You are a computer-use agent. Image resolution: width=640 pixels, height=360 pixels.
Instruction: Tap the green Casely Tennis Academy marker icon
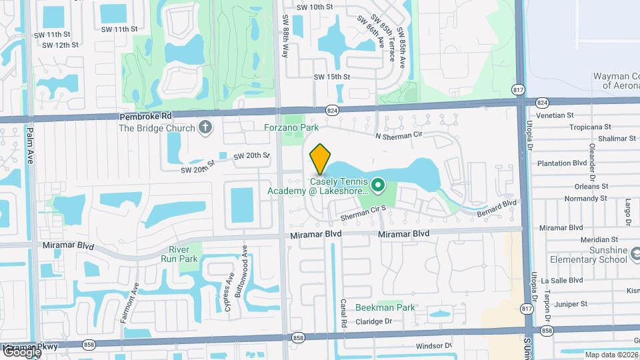coord(377,185)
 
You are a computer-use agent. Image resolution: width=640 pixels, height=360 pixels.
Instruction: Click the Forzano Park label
coord(291,127)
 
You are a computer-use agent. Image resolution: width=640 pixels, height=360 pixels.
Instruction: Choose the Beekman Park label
coord(385,307)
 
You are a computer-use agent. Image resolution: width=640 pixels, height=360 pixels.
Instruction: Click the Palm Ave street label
coord(30,156)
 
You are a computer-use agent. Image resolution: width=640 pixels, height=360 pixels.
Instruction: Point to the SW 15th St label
coord(332,77)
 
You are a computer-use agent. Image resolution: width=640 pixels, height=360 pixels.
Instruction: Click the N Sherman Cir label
coord(399,136)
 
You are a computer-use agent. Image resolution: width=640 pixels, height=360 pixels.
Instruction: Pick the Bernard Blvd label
coord(497,209)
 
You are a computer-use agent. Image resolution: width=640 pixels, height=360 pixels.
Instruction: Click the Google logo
coord(21,352)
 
